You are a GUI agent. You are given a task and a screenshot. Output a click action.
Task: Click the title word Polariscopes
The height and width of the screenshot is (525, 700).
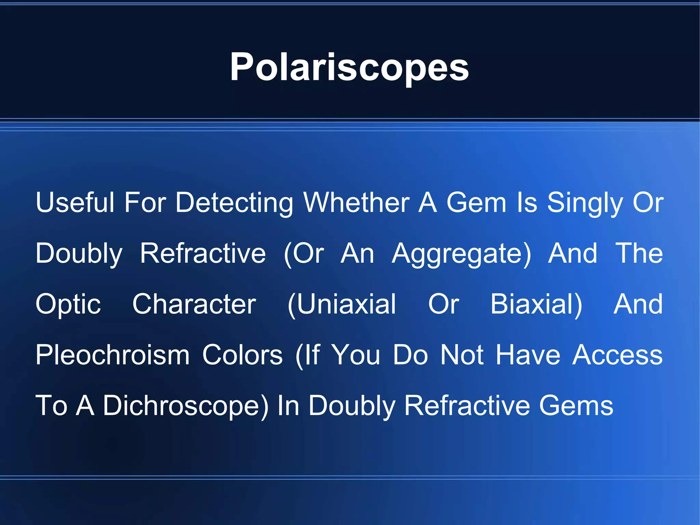point(349,67)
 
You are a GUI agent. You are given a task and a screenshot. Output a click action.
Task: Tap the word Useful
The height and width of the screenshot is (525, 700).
point(75,202)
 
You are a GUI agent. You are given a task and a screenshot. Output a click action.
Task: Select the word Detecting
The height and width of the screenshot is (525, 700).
point(234,202)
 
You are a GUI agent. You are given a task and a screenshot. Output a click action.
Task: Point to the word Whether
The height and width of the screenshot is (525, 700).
point(356,202)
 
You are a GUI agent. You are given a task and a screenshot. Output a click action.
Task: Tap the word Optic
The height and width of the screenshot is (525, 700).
point(68,304)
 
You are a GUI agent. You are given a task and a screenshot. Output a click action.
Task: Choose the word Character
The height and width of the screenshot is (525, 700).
point(194,304)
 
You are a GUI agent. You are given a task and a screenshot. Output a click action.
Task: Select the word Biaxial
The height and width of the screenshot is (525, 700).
point(536,304)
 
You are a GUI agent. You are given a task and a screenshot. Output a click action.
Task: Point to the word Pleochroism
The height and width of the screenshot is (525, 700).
point(113,355)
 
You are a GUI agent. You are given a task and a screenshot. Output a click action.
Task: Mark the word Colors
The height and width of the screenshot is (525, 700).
point(242,355)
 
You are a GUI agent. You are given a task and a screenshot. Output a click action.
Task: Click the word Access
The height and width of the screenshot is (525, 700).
point(618,355)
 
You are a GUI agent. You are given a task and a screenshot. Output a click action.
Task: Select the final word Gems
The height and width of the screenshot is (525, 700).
point(576,406)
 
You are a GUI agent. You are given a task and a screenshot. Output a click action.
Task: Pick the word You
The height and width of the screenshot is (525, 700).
point(356,355)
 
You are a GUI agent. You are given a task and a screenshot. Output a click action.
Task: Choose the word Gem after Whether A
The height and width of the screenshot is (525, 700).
point(476,202)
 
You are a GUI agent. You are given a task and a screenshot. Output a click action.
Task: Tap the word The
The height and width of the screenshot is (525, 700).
point(639,254)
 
